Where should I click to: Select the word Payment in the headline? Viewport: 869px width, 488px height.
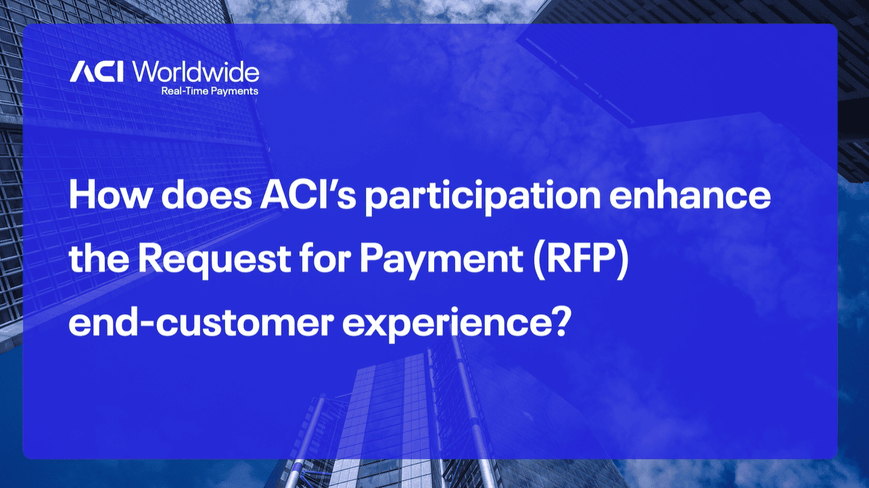point(441,260)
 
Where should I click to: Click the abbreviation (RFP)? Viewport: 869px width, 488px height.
point(581,260)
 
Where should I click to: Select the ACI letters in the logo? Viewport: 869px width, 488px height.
point(96,72)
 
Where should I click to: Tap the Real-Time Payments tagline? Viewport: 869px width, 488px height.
point(210,91)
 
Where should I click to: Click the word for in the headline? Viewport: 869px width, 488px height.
point(325,259)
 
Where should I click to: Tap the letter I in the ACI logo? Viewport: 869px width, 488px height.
point(120,72)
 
